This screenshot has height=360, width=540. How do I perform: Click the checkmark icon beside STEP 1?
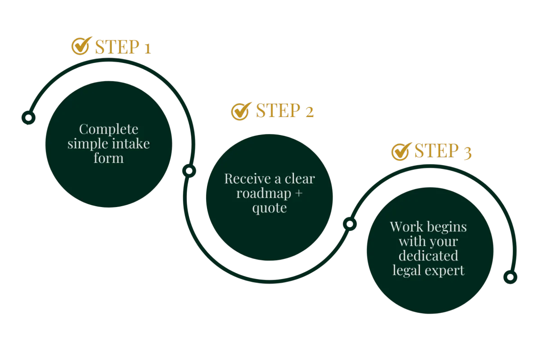[x=81, y=46]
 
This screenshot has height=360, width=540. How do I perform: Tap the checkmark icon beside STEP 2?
[x=241, y=111]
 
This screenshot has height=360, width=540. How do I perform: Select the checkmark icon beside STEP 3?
[x=400, y=151]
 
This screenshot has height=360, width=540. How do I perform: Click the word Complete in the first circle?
[x=109, y=130]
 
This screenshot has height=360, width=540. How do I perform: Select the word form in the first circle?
[x=109, y=158]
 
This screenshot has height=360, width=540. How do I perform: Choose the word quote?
[x=269, y=208]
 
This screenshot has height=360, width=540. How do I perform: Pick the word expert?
[x=446, y=271]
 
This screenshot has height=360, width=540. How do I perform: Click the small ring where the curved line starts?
[x=28, y=118]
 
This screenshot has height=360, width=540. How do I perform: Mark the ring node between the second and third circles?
[x=349, y=224]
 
